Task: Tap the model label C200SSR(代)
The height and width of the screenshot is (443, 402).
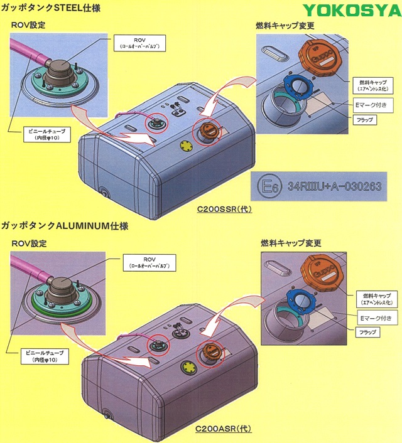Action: [224, 209]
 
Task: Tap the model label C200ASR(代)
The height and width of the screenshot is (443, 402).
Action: [223, 429]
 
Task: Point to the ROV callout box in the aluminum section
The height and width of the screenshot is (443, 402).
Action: [149, 262]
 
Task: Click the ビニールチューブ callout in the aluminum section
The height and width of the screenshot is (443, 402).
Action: [47, 355]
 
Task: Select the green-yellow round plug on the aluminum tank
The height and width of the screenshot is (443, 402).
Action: [188, 366]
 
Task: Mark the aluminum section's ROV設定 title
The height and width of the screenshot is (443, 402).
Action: [29, 242]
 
